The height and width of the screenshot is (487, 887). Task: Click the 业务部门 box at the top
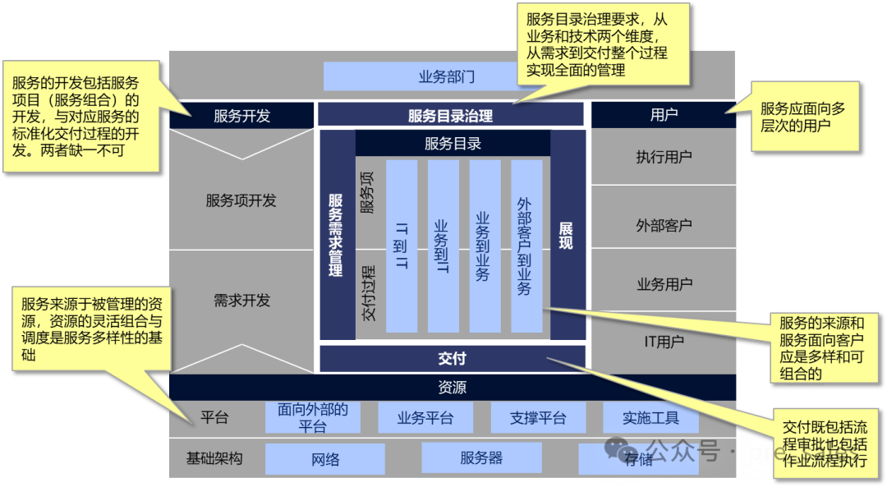tap(447, 77)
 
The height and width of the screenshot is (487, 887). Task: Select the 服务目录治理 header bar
tap(450, 116)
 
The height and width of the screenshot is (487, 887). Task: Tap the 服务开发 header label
tap(241, 116)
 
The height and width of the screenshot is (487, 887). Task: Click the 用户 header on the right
tap(664, 116)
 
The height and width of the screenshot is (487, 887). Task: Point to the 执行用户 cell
tap(664, 157)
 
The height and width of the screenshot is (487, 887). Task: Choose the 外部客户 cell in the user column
tap(664, 225)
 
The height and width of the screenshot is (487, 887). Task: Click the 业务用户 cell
tap(664, 284)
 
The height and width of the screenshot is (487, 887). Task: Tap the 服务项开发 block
tap(241, 200)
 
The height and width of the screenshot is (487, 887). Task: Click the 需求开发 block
tap(241, 301)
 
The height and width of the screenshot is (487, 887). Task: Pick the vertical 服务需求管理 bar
tap(336, 235)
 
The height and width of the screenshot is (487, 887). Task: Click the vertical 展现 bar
tap(567, 235)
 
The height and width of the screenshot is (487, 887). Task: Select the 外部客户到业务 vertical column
tap(526, 246)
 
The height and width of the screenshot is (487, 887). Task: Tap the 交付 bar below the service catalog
tap(452, 359)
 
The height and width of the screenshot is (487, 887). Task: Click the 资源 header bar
tap(452, 388)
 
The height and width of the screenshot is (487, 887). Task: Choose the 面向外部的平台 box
tap(312, 418)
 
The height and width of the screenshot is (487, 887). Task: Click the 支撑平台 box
tap(538, 418)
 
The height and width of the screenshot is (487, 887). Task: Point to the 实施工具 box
tap(650, 418)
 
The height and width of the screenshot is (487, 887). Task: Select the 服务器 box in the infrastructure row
tap(481, 458)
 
